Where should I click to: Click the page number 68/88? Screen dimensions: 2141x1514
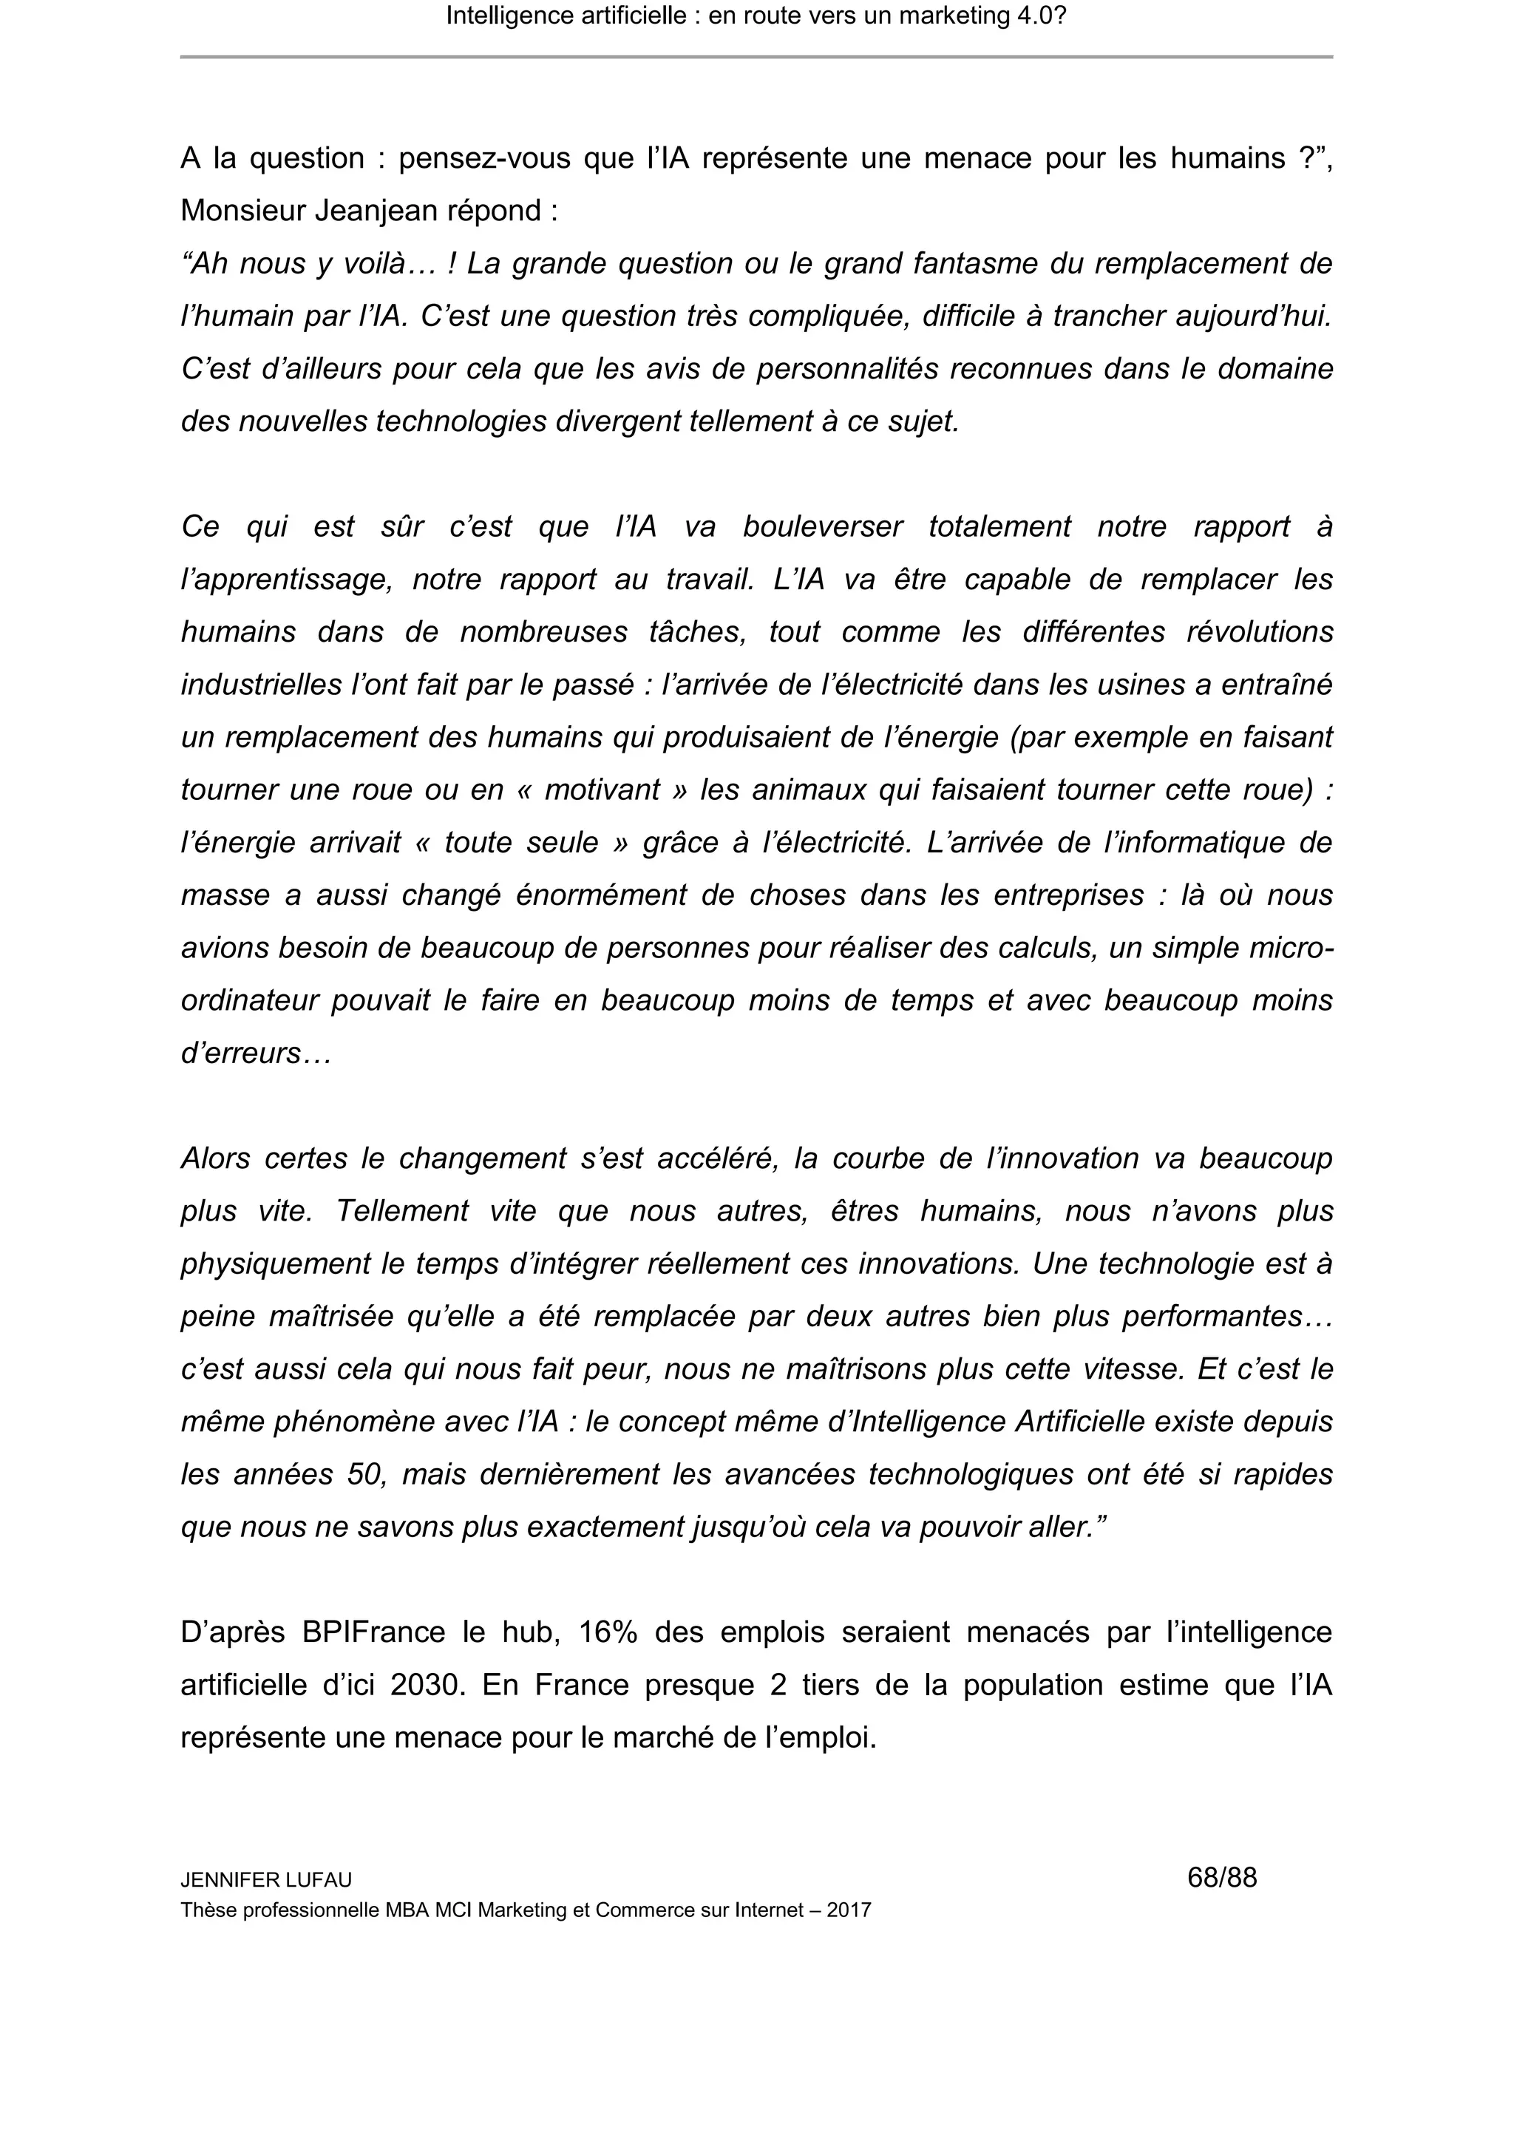(1221, 1877)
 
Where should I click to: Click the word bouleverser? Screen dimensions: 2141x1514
(822, 527)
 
